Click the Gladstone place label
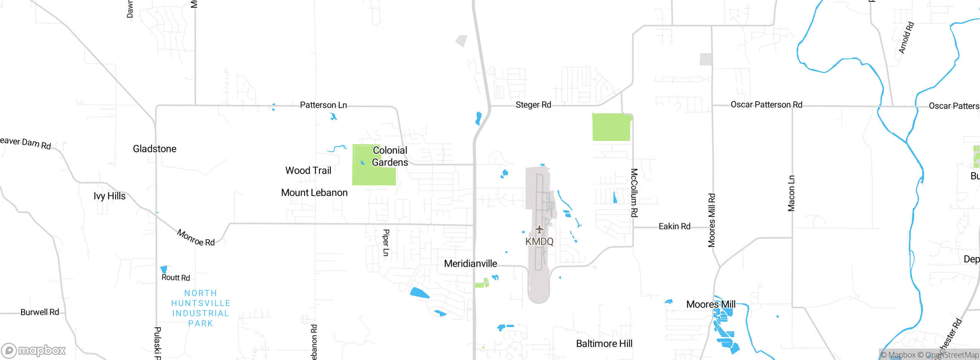click(x=155, y=149)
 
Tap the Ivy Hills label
click(x=109, y=196)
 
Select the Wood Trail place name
click(x=308, y=170)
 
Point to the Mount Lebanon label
click(x=314, y=193)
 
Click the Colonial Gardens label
click(x=390, y=156)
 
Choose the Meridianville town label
click(x=470, y=263)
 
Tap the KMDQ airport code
click(x=539, y=242)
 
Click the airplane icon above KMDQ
click(x=539, y=229)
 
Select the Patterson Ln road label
click(x=323, y=105)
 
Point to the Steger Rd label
click(x=533, y=105)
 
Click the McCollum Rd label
click(x=634, y=193)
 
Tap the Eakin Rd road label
click(x=675, y=226)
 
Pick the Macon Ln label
click(x=791, y=193)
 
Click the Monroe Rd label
click(x=196, y=238)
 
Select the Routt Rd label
click(x=176, y=278)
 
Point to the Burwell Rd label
click(x=40, y=312)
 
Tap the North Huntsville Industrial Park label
click(x=201, y=308)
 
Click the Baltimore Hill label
click(x=604, y=344)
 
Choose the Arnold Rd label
click(x=906, y=38)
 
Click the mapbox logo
click(x=34, y=350)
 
